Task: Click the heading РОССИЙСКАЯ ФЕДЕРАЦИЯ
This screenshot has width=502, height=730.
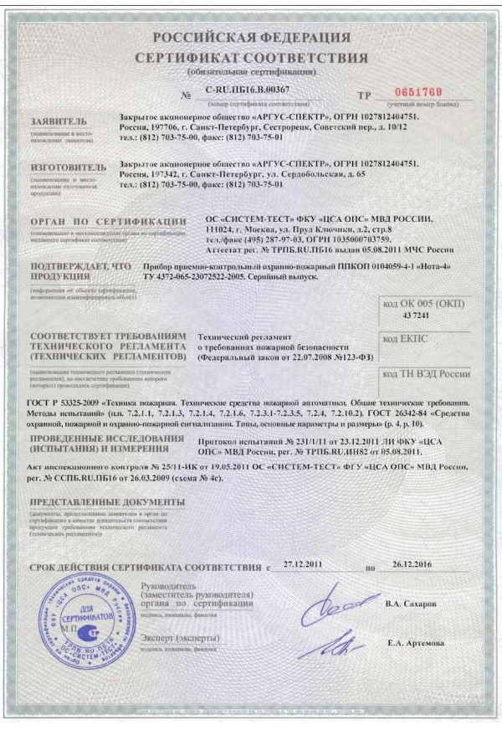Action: coord(250,38)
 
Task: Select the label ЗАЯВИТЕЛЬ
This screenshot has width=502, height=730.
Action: coord(58,121)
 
